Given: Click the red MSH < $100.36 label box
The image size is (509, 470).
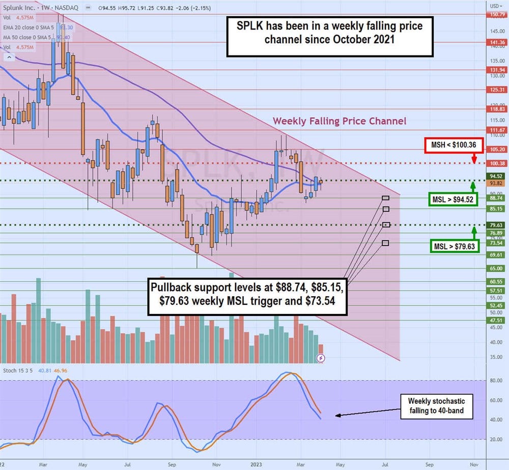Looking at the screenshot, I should click(x=452, y=145).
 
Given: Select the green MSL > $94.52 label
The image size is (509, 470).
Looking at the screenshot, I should click(x=452, y=199).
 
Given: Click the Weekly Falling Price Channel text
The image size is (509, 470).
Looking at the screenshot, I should click(x=340, y=121).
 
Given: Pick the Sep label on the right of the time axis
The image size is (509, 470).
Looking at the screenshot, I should click(x=429, y=465).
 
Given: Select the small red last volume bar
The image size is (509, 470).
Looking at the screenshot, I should click(x=321, y=353).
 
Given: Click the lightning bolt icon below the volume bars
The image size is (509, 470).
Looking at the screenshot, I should click(x=321, y=358).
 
